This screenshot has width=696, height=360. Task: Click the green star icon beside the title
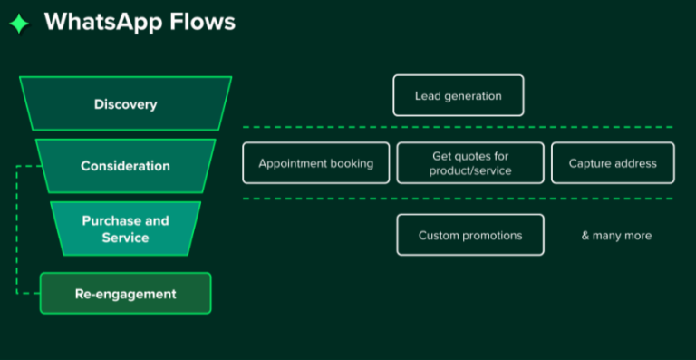(x=19, y=24)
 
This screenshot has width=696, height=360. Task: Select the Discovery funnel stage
(x=125, y=104)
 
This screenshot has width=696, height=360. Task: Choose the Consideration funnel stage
(x=125, y=166)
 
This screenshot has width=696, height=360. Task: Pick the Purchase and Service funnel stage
(x=125, y=229)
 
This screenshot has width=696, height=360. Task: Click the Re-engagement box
(x=125, y=294)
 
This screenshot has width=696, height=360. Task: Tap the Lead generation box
(x=458, y=95)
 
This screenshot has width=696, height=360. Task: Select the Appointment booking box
(x=315, y=163)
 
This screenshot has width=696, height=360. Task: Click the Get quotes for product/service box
(x=470, y=163)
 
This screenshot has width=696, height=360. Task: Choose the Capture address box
(x=613, y=163)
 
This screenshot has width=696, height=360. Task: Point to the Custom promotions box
(x=470, y=235)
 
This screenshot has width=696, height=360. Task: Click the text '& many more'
(x=616, y=235)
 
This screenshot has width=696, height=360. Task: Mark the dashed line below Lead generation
(x=458, y=127)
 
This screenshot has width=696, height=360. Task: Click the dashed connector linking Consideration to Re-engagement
(x=17, y=231)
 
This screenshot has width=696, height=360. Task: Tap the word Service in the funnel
(x=125, y=238)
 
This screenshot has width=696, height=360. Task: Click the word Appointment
(x=291, y=163)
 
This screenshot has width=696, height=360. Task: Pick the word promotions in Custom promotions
(x=492, y=235)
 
